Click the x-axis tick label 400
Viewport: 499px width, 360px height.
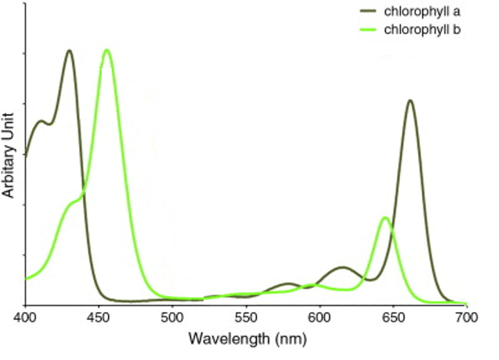point(25,318)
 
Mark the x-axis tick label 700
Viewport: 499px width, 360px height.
point(466,318)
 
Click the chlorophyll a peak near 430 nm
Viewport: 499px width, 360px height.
point(69,51)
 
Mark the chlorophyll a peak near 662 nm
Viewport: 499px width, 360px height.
point(410,101)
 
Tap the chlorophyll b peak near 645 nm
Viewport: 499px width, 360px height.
point(385,218)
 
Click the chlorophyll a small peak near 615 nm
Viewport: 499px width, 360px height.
point(342,267)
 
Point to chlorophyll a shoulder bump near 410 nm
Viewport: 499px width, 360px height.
point(41,121)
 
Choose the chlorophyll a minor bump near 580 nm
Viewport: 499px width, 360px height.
point(289,284)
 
